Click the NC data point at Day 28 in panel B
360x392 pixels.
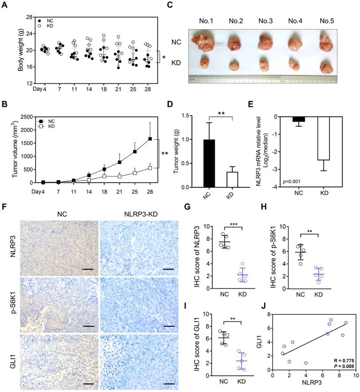click(x=150, y=139)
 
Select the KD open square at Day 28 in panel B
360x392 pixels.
click(x=150, y=168)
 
